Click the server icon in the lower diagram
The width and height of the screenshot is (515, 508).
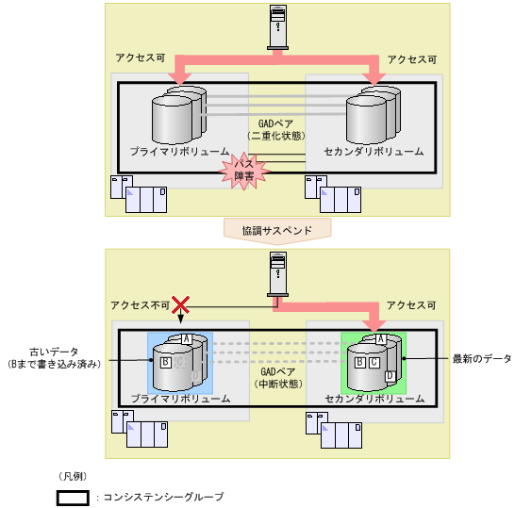coord(277,273)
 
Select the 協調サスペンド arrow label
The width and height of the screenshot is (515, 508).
coord(277,229)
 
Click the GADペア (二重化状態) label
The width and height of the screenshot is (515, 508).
coord(277,129)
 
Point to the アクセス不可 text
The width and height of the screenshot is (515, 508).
coord(140,305)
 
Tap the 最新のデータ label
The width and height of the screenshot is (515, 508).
coord(481,359)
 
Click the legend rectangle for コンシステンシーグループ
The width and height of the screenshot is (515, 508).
coord(73,497)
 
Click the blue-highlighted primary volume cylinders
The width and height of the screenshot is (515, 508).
coord(180,362)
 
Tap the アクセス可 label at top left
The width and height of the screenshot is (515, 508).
coord(141,58)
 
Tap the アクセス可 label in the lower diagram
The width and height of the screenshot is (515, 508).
coord(412,305)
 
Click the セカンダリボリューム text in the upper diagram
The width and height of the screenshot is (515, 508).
coord(374,152)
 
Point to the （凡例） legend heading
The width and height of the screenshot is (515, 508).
coord(73,476)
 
